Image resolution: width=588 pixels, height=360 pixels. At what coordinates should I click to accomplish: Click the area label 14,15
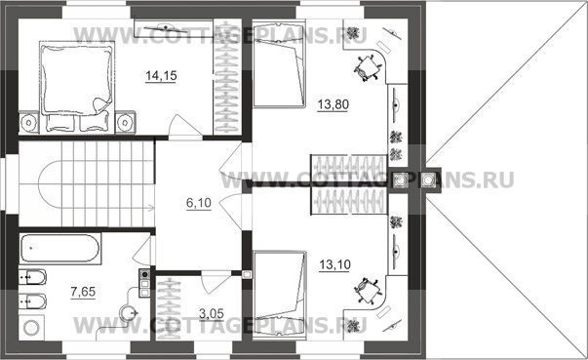click(x=161, y=76)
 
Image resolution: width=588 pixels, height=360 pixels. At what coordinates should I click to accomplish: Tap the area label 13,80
click(x=333, y=104)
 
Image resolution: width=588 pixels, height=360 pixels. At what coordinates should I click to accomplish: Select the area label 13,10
click(x=334, y=264)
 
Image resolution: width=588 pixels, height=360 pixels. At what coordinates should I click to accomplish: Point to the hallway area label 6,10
click(x=199, y=203)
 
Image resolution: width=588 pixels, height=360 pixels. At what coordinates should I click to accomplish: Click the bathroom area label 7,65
click(x=83, y=292)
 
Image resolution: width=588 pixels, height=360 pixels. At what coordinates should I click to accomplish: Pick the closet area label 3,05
click(x=212, y=313)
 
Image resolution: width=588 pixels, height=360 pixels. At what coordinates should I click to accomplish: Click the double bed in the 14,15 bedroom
click(x=77, y=89)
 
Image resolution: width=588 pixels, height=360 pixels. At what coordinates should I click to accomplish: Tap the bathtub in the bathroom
click(x=60, y=249)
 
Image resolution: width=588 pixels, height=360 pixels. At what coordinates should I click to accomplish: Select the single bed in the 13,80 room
click(x=279, y=64)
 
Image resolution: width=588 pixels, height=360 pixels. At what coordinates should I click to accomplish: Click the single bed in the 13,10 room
click(x=280, y=296)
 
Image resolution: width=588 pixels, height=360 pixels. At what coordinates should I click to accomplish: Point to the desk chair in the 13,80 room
click(x=367, y=67)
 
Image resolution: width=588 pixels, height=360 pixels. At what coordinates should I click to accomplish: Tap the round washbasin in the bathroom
click(x=129, y=312)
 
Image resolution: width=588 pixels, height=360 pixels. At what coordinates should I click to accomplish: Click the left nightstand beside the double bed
click(x=28, y=122)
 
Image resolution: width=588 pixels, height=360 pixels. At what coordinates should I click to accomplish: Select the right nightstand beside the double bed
click(x=125, y=122)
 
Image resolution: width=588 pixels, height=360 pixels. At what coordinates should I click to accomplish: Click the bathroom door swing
click(x=142, y=250)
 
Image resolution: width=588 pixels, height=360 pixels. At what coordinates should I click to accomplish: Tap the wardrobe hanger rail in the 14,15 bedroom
click(x=227, y=77)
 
